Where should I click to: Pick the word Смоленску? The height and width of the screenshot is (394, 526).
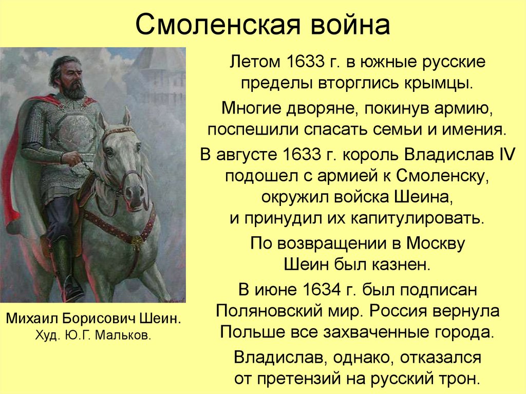(x=441, y=176)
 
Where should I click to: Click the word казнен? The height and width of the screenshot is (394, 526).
(x=401, y=265)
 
